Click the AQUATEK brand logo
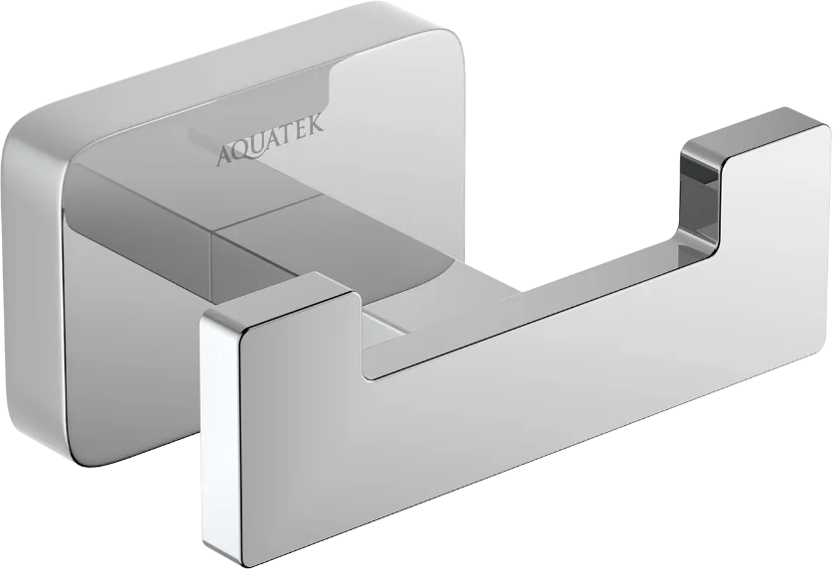(269, 141)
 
